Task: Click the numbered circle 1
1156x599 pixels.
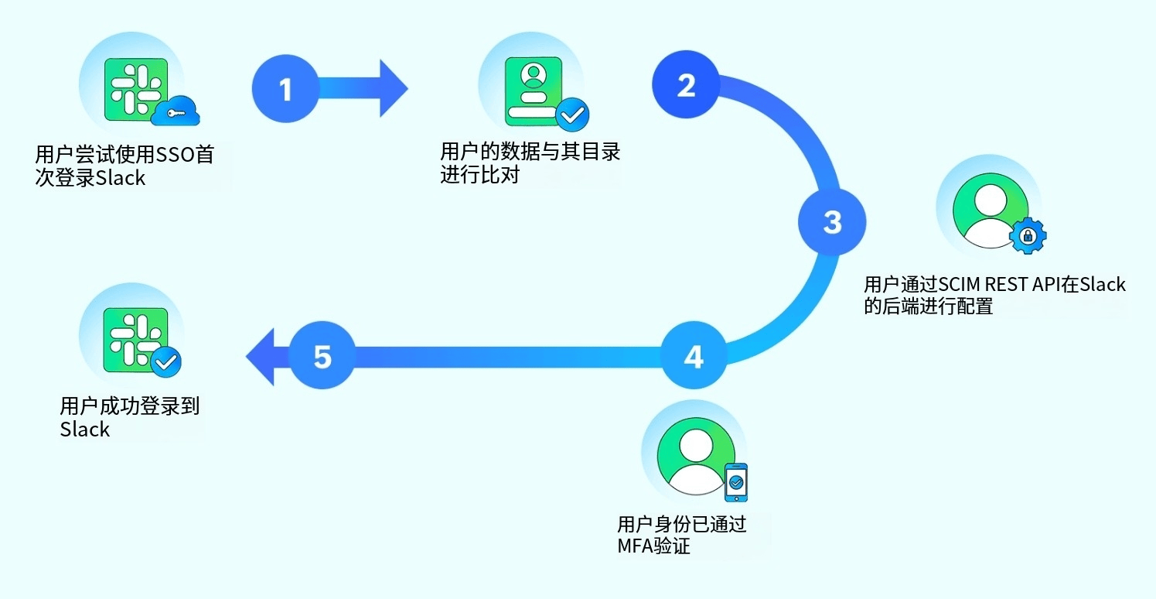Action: (x=285, y=89)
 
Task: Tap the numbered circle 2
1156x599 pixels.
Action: (x=685, y=85)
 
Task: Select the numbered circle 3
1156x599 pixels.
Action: (x=831, y=222)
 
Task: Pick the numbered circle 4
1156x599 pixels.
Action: (x=694, y=357)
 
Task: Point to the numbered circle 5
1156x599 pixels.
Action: (x=322, y=357)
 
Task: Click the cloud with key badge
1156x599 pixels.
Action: (x=176, y=111)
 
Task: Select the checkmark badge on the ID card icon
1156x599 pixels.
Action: (x=572, y=115)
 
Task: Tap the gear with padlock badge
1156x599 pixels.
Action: (x=1028, y=235)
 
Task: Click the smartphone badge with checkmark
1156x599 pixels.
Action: (x=736, y=482)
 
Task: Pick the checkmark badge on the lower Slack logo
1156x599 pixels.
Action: (x=165, y=361)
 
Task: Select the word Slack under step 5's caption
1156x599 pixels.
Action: (x=85, y=430)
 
